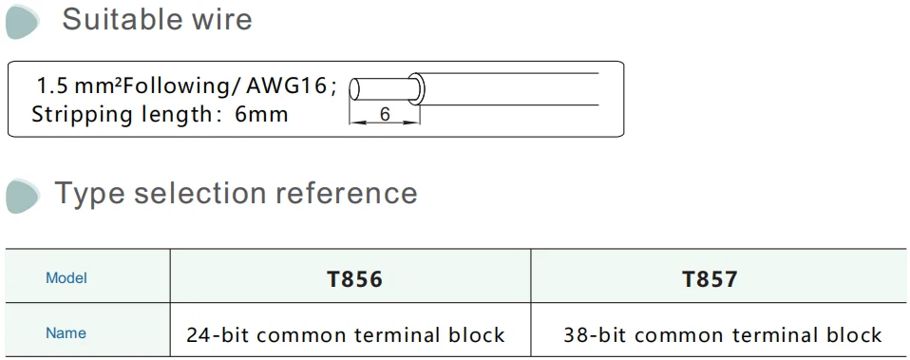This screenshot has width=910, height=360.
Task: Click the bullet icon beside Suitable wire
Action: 23,22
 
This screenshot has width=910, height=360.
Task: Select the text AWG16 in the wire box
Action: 287,86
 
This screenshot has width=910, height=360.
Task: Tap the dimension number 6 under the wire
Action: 385,114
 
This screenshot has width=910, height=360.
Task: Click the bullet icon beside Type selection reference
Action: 23,196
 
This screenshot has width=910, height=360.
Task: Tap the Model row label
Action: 66,278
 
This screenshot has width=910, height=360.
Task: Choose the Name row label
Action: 66,333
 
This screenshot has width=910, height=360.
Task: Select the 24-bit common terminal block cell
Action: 346,334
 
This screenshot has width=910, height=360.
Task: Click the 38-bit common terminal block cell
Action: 722,334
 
